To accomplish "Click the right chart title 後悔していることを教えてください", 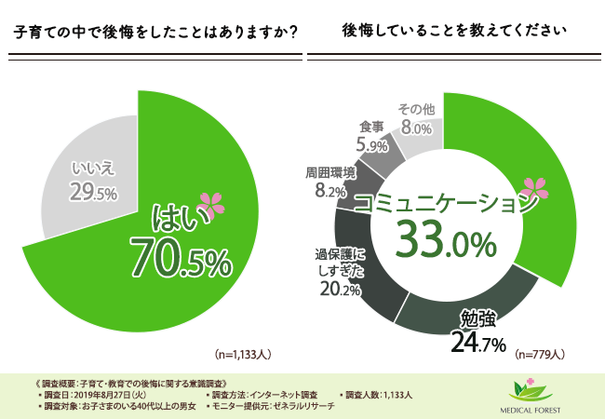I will tap(453, 30).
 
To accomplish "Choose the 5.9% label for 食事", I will tap(371, 146).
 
